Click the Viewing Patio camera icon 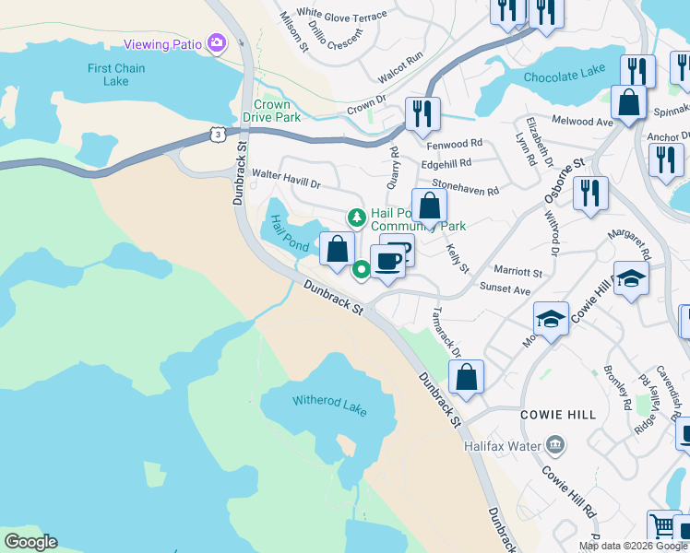click(217, 42)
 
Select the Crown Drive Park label click(278, 112)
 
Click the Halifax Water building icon click(553, 446)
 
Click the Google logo click(30, 542)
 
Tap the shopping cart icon click(663, 525)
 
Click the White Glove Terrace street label click(342, 16)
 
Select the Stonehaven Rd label click(465, 187)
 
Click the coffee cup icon click(387, 262)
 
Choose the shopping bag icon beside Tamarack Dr click(467, 376)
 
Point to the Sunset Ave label click(505, 288)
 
